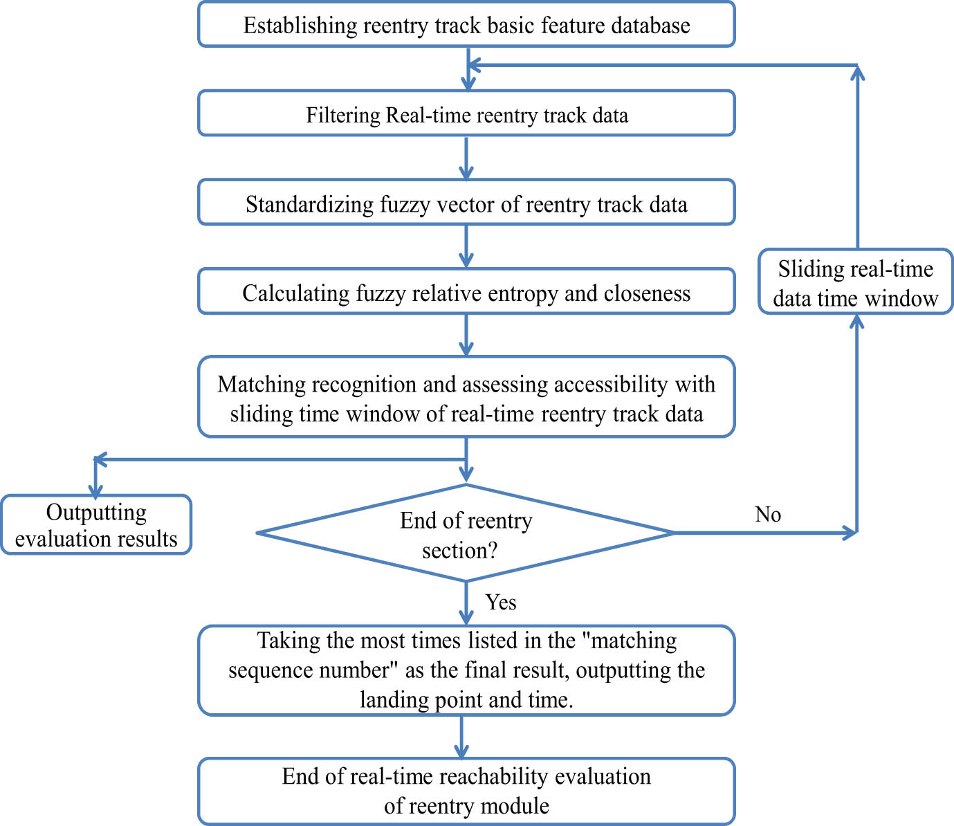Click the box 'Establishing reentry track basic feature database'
coord(466,25)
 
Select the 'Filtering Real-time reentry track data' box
coord(466,113)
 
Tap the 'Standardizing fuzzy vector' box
coord(466,203)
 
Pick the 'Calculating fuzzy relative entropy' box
coord(466,292)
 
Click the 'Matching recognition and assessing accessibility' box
coord(466,397)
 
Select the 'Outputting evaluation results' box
coord(96,525)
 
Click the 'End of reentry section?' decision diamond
coord(466,533)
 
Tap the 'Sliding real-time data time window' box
coord(856,282)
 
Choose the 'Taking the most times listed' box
coord(466,670)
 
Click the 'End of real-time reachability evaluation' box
coord(466,791)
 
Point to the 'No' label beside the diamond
coord(768,514)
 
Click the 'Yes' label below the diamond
coord(501,602)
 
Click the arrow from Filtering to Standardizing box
coord(466,158)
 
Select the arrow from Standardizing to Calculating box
coord(466,247)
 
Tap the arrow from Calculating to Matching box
coord(466,336)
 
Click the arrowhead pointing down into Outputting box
coord(95,488)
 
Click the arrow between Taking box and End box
coord(461,737)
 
